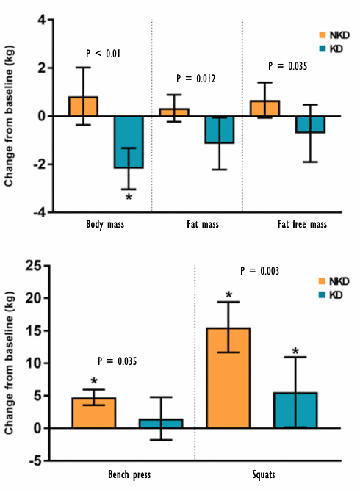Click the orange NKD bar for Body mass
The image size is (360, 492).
83,106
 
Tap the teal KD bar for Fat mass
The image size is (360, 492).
219,129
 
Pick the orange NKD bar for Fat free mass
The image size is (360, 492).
264,109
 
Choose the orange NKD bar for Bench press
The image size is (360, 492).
93,413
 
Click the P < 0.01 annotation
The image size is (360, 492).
104,54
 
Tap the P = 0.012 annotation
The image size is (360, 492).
196,79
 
